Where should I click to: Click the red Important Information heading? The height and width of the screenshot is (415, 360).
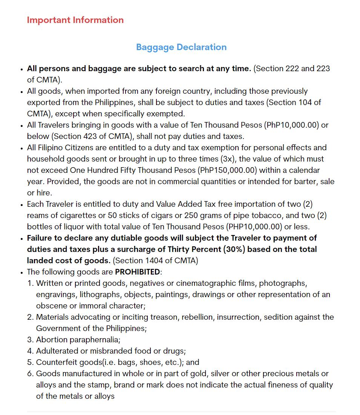tap(75, 20)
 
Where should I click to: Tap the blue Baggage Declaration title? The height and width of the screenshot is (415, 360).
tap(181, 47)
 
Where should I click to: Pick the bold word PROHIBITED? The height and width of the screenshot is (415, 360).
tap(138, 272)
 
